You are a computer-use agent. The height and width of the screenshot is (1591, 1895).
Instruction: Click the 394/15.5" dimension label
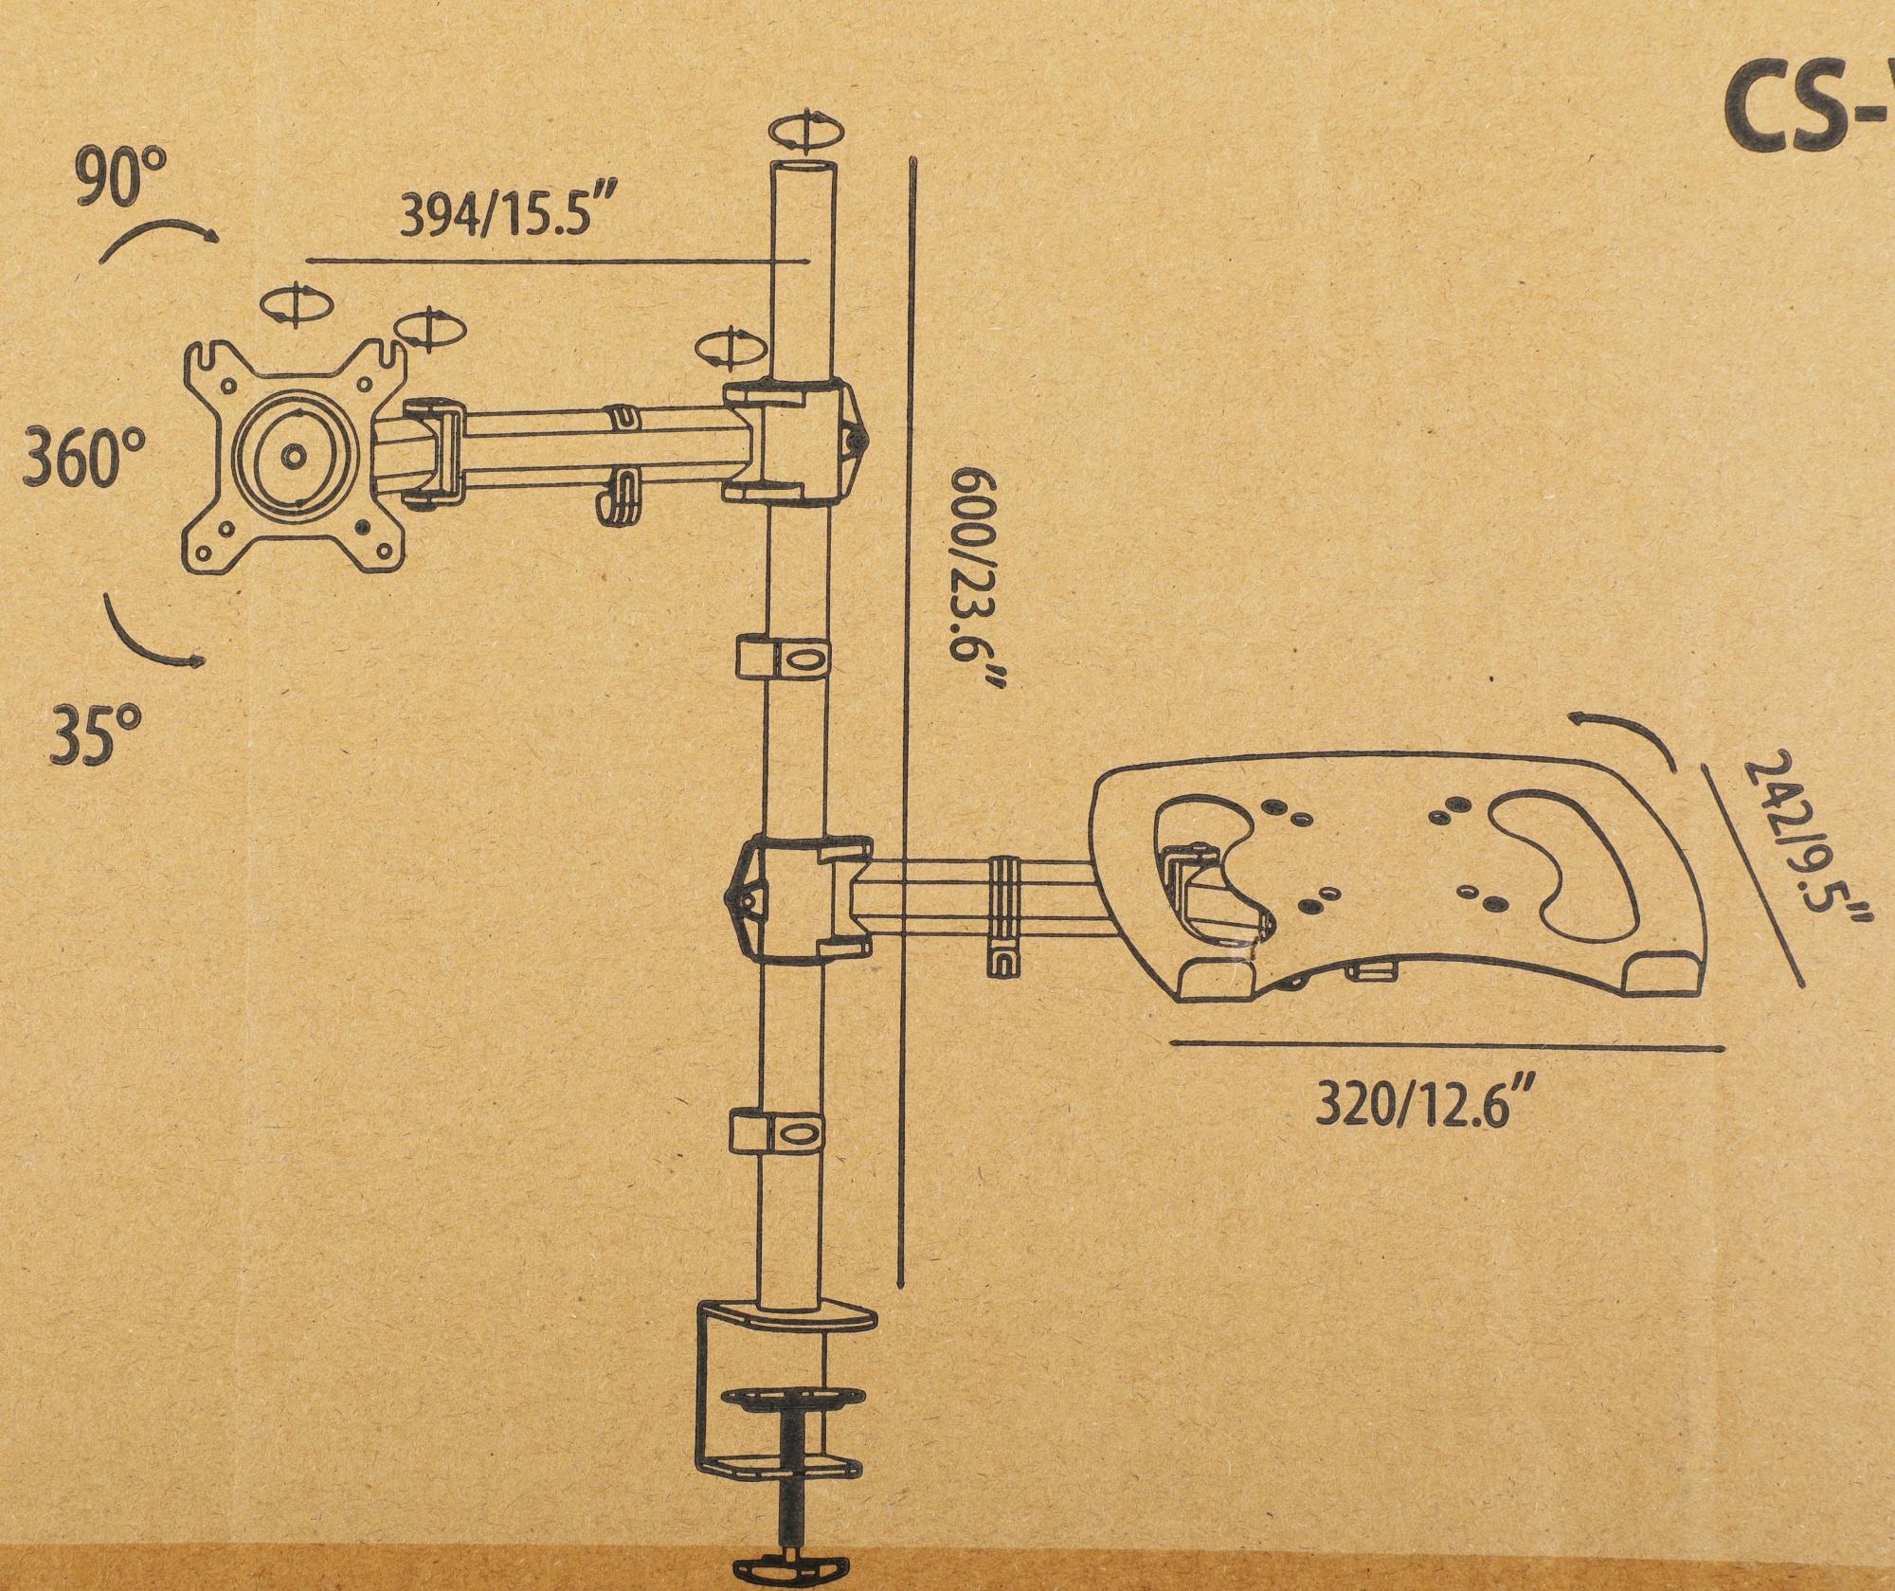click(x=503, y=216)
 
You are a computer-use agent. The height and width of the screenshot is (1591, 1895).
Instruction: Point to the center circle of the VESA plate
click(x=293, y=455)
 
